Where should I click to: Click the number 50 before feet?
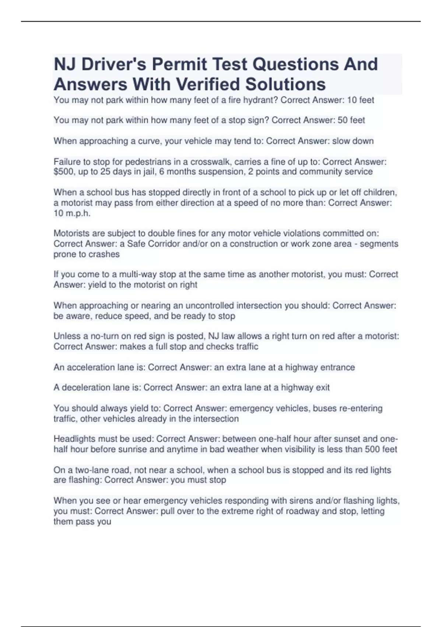343,120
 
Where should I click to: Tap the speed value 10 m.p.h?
72,213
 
